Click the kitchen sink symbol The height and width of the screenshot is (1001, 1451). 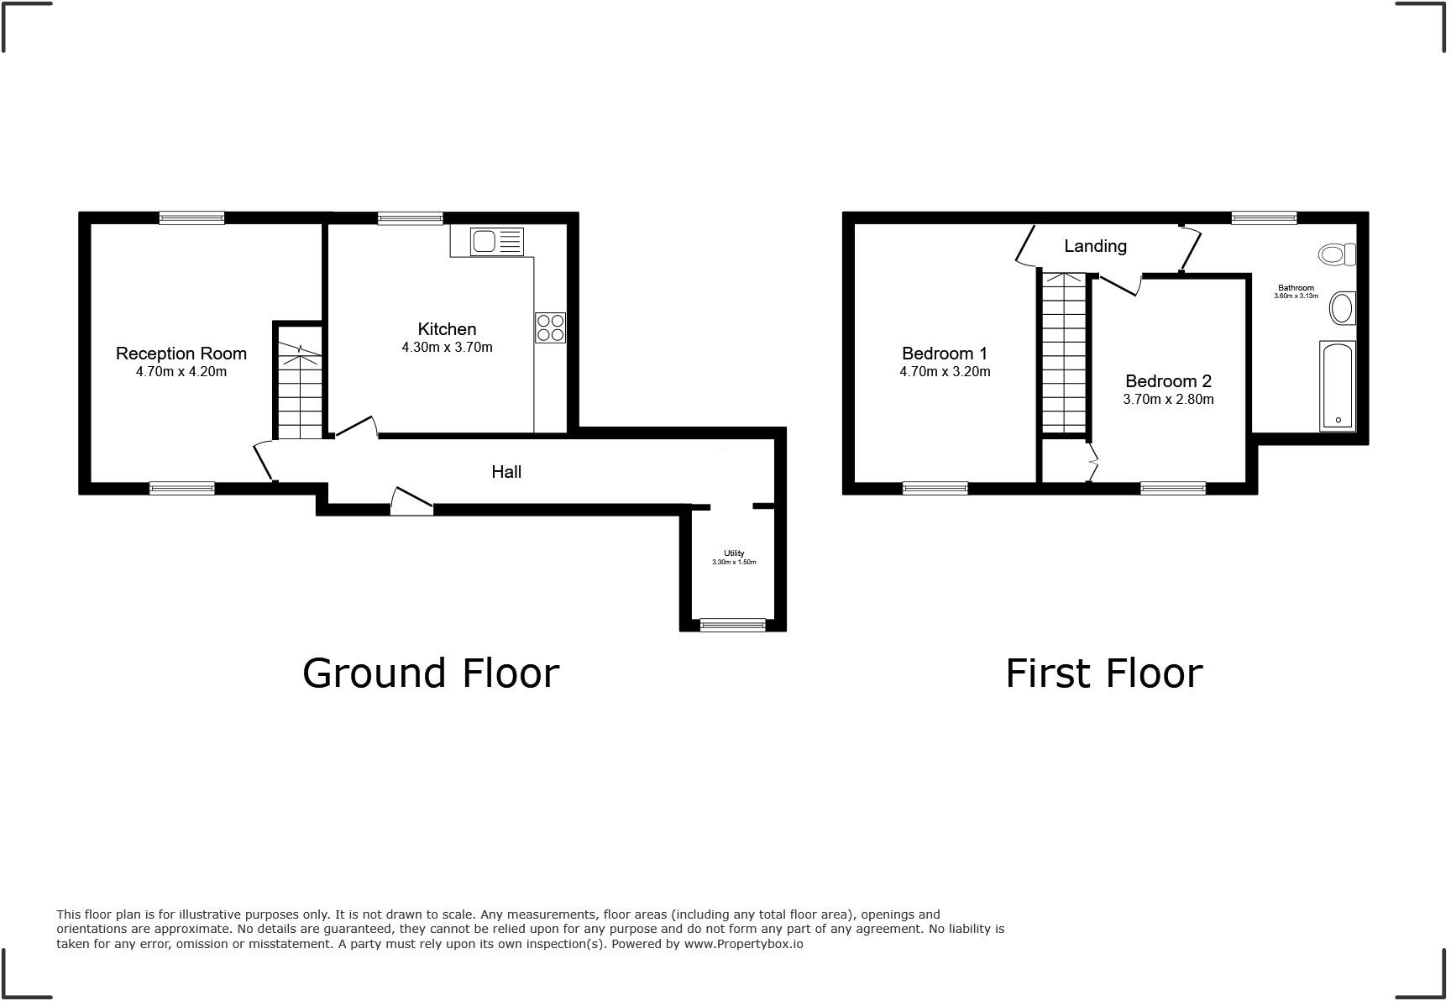(496, 242)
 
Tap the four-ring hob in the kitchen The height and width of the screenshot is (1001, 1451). (550, 328)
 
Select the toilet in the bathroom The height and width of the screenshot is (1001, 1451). (1337, 254)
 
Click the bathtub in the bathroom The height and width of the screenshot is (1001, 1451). (1338, 386)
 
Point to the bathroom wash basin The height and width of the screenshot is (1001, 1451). (1343, 309)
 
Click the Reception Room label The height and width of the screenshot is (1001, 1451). (181, 354)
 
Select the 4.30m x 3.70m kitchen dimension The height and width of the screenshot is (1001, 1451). (447, 348)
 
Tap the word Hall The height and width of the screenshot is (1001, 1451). (506, 472)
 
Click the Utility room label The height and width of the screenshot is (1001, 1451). (734, 553)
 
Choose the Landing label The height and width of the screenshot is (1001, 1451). (1095, 246)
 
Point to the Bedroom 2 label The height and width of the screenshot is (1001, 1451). (1168, 381)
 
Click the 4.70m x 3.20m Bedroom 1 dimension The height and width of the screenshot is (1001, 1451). (945, 372)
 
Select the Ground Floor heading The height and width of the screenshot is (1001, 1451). (430, 673)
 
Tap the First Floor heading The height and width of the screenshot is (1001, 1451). (1103, 673)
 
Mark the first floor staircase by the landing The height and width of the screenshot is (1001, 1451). (1064, 353)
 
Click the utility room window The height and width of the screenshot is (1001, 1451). (733, 625)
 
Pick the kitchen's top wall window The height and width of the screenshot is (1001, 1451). (410, 218)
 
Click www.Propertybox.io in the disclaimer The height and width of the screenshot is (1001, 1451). (743, 944)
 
